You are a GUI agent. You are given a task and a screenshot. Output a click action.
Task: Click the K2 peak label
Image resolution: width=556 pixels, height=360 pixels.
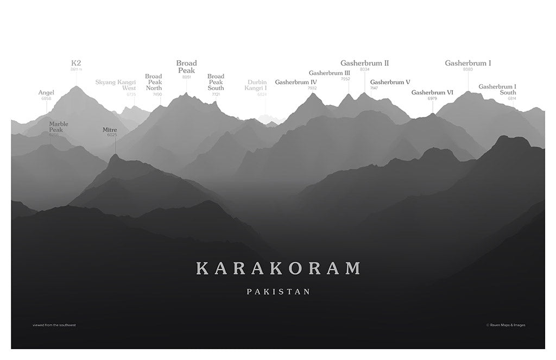click(x=76, y=63)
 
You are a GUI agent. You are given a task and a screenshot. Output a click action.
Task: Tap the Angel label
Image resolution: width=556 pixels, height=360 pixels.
click(x=46, y=92)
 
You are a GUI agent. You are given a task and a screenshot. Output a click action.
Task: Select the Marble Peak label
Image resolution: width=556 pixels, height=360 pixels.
click(x=59, y=127)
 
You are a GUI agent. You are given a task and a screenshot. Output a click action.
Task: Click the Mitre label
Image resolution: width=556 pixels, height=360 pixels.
click(x=110, y=130)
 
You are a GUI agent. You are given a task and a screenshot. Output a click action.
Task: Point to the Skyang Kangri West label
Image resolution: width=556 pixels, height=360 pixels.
click(x=116, y=85)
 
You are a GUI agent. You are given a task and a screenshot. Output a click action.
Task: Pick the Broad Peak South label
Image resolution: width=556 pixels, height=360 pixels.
click(x=216, y=82)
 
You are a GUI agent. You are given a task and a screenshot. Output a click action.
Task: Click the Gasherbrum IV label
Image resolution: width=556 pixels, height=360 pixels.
click(x=296, y=82)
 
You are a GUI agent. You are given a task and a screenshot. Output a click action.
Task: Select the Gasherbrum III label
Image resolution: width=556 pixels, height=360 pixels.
click(x=330, y=73)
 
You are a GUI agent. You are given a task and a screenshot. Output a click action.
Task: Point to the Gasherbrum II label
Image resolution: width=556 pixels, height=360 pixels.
click(x=364, y=63)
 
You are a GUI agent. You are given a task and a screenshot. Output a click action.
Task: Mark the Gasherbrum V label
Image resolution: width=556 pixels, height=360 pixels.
click(x=390, y=82)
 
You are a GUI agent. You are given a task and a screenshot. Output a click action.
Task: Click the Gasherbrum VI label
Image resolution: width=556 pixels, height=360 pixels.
click(x=432, y=92)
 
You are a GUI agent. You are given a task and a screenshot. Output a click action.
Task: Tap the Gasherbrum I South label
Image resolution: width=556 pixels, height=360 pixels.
click(x=497, y=89)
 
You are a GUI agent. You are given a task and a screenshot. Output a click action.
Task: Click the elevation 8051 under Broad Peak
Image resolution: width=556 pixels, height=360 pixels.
click(x=186, y=77)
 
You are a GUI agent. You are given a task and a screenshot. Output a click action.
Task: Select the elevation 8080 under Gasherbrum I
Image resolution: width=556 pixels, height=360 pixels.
click(x=468, y=70)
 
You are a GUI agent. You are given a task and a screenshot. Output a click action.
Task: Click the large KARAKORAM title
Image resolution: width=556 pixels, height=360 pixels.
click(x=278, y=268)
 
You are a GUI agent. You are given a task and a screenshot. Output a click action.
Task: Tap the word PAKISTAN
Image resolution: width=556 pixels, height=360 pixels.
click(x=278, y=292)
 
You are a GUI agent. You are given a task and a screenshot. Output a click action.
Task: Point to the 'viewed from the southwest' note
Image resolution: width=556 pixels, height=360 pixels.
click(x=54, y=325)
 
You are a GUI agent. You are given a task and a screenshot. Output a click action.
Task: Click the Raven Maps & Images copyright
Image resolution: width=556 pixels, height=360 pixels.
click(x=506, y=325)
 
